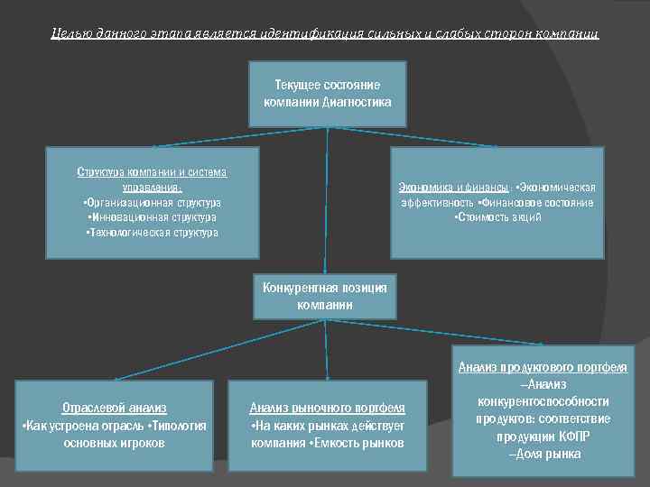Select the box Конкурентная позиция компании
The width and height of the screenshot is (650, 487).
tap(324, 296)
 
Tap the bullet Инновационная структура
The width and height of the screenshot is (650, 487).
tap(152, 217)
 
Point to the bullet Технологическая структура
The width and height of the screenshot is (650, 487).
tap(152, 232)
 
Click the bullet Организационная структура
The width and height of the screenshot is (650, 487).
tap(152, 203)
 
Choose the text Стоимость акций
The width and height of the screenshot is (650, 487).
tap(497, 217)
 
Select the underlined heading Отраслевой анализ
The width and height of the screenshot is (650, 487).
tap(114, 409)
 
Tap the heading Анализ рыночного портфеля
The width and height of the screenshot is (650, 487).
tap(327, 409)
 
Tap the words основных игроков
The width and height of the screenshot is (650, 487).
tap(114, 443)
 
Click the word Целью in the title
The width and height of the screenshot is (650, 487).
tap(70, 33)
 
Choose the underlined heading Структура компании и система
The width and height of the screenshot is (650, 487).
tap(152, 172)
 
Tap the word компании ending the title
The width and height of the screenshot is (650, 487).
tap(570, 33)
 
